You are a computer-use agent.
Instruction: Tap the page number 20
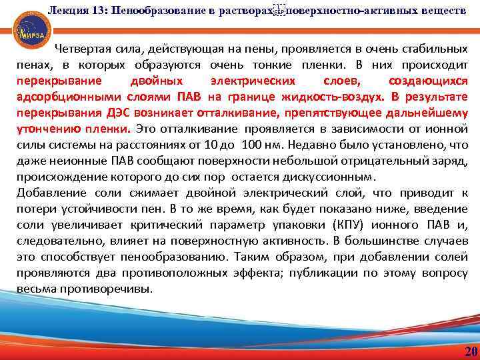pos(471,352)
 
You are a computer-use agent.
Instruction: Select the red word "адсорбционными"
pos(59,97)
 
